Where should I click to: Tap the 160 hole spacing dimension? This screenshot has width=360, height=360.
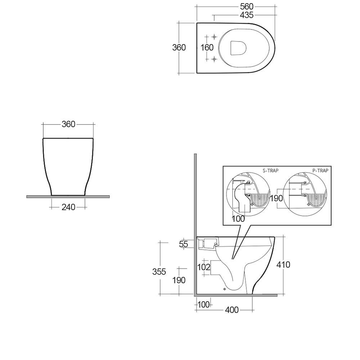click(x=207, y=48)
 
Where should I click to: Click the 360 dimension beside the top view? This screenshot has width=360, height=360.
click(x=179, y=48)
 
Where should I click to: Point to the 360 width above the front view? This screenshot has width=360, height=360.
click(x=68, y=124)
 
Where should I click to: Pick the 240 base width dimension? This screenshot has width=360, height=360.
click(x=68, y=207)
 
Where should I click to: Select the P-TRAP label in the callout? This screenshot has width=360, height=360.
click(x=320, y=171)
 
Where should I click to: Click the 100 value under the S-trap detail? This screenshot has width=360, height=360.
click(x=238, y=219)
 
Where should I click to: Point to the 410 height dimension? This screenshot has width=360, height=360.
click(x=283, y=265)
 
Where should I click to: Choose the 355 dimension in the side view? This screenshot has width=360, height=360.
click(x=159, y=272)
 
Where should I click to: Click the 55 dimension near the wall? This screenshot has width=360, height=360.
click(x=184, y=244)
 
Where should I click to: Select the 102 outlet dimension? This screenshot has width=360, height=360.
click(x=204, y=267)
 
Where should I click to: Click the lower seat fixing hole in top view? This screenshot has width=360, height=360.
click(x=214, y=59)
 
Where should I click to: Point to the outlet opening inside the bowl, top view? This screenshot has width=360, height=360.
click(x=238, y=48)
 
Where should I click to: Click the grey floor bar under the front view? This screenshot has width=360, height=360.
click(x=68, y=197)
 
